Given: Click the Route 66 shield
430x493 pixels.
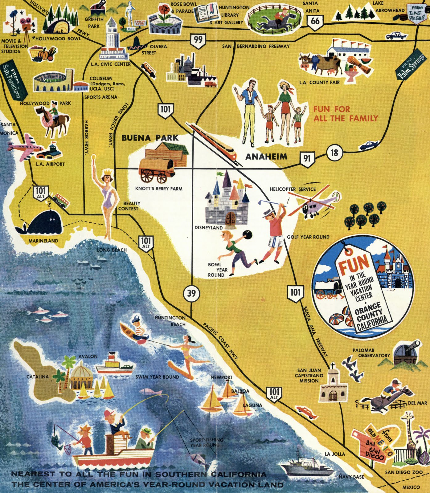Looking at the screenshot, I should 315,22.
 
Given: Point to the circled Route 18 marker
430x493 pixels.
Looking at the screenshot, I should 334,153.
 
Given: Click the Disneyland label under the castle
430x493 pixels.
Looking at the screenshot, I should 208,228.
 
